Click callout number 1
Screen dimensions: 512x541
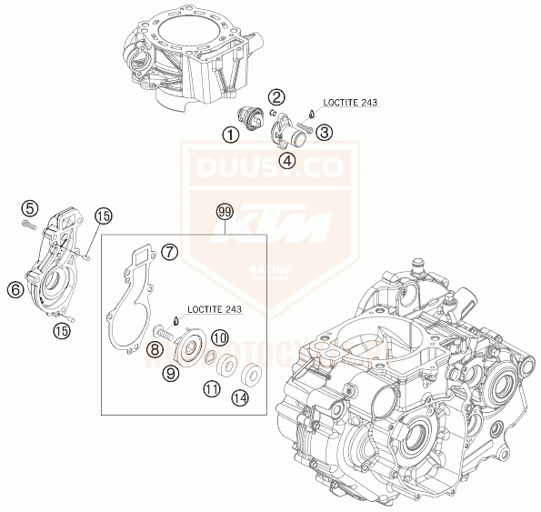tap(230, 135)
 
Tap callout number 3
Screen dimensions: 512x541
tap(325, 132)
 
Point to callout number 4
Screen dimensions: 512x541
tap(287, 161)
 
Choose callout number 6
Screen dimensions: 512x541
tap(15, 289)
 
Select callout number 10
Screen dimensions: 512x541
tap(218, 337)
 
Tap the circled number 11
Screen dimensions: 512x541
tap(211, 389)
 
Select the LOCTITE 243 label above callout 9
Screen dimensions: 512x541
tap(211, 310)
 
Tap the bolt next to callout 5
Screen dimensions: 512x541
tap(30, 224)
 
